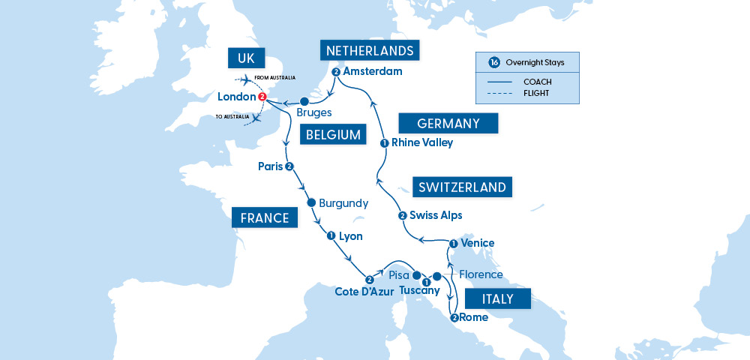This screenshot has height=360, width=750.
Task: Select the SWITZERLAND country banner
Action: tap(462, 187)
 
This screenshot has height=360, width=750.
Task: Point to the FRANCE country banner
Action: tap(265, 218)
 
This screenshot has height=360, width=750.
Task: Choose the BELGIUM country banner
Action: tap(330, 136)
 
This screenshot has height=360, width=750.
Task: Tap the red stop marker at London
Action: tap(262, 97)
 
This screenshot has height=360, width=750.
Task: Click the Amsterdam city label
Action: tap(373, 72)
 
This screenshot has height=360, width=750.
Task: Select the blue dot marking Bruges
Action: tap(304, 101)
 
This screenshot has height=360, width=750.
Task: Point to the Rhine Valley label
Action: tap(422, 142)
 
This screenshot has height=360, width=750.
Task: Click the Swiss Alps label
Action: tap(436, 215)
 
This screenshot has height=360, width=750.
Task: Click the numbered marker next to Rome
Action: tap(454, 317)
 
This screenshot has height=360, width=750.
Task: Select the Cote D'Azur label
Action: tap(364, 292)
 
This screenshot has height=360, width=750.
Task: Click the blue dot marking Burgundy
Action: tap(310, 203)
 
